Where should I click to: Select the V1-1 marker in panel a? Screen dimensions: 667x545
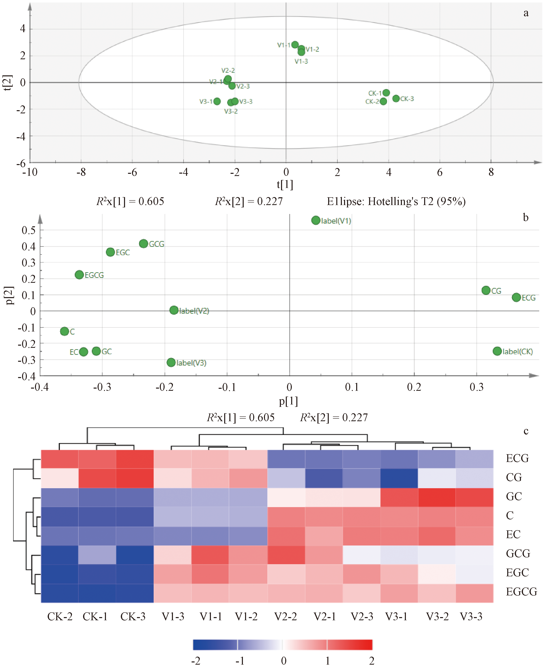[295, 45]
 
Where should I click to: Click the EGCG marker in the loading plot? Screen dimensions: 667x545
[80, 275]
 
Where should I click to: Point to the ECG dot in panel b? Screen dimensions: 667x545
[516, 297]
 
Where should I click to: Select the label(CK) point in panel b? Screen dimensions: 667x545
[497, 351]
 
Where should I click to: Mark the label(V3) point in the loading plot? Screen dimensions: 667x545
[171, 362]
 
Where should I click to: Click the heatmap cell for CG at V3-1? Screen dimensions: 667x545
[399, 478]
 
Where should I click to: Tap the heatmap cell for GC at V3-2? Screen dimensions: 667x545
[437, 497]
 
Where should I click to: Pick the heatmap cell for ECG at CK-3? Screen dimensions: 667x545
[135, 459]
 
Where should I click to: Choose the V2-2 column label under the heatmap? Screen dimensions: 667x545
[285, 616]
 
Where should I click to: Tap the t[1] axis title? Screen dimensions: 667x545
[285, 184]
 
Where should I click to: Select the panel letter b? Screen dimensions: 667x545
[526, 217]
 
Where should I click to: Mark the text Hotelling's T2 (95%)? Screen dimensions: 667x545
[417, 201]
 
